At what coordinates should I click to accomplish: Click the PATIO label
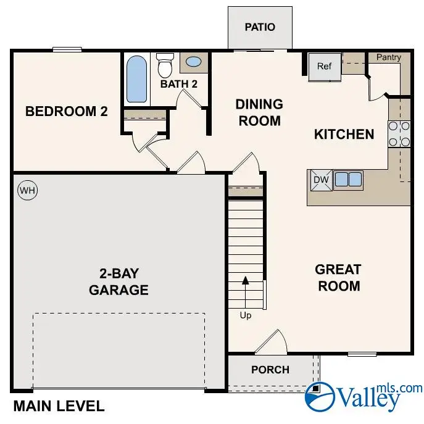coord(259,27)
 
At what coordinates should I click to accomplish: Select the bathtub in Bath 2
coord(137,79)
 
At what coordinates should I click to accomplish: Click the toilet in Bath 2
coord(165,64)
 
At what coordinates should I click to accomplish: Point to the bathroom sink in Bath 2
coord(193,62)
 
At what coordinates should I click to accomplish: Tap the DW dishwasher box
coord(320,180)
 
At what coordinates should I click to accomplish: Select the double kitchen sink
coord(348,180)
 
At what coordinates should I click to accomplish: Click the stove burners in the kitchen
coord(399,134)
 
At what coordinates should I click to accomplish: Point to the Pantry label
coord(389,57)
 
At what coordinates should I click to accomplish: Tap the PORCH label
coord(270,370)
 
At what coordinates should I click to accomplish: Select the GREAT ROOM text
coord(338,278)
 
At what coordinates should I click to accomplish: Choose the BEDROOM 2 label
coord(67,112)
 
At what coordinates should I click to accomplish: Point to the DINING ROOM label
coord(259,112)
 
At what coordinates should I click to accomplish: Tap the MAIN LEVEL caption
coord(59,407)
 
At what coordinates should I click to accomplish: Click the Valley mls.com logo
coord(364,396)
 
